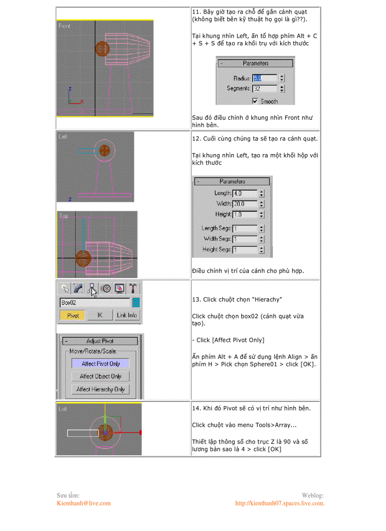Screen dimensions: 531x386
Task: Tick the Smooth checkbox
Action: pyautogui.click(x=255, y=101)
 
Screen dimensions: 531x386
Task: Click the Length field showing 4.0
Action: pyautogui.click(x=245, y=193)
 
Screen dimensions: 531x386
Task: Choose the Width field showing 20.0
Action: pyautogui.click(x=245, y=204)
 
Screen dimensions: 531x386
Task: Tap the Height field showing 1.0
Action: pyautogui.click(x=245, y=215)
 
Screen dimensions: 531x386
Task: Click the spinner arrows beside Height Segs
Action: pyautogui.click(x=262, y=250)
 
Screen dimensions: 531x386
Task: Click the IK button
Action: pyautogui.click(x=100, y=315)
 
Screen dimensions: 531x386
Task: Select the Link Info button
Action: pyautogui.click(x=127, y=315)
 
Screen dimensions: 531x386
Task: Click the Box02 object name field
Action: pyautogui.click(x=94, y=303)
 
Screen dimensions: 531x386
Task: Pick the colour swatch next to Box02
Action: pyautogui.click(x=136, y=303)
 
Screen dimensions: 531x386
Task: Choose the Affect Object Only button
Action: pyautogui.click(x=100, y=376)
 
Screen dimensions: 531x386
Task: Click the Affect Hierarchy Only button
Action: pyautogui.click(x=100, y=389)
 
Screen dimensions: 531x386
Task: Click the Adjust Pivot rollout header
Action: pyautogui.click(x=100, y=341)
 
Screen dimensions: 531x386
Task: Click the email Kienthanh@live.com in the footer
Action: pyautogui.click(x=84, y=503)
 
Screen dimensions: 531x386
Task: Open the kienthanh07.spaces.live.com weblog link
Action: pyautogui.click(x=280, y=503)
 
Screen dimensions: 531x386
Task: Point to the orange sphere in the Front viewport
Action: pyautogui.click(x=103, y=49)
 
